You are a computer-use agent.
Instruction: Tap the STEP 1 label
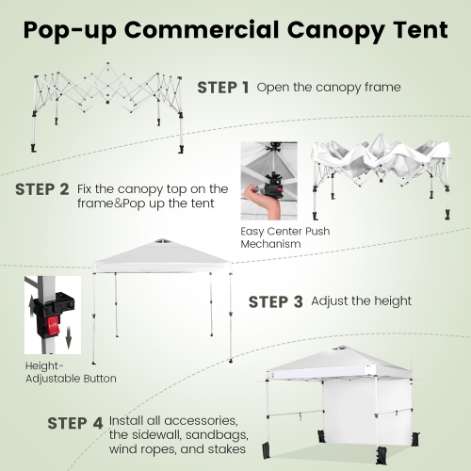[x=222, y=88]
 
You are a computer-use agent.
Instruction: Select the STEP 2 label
[x=42, y=188]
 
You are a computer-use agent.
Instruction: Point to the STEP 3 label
[x=275, y=301]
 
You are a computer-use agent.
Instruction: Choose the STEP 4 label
[x=75, y=422]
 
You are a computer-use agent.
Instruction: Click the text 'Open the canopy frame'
[x=329, y=88]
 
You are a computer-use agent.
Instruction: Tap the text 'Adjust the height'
[x=361, y=301]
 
